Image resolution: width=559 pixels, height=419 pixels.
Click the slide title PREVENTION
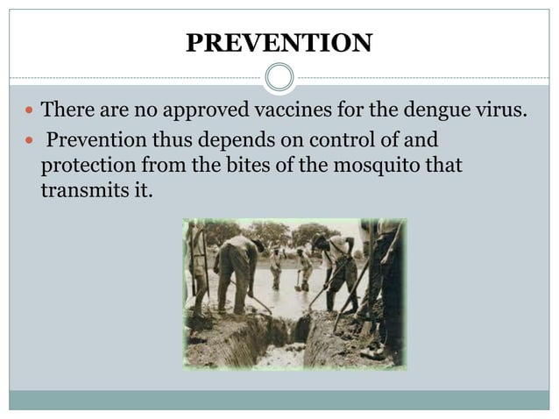point(279,41)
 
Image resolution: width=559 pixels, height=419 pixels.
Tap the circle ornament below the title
point(279,78)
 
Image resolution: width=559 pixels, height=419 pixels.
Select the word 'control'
point(350,140)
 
